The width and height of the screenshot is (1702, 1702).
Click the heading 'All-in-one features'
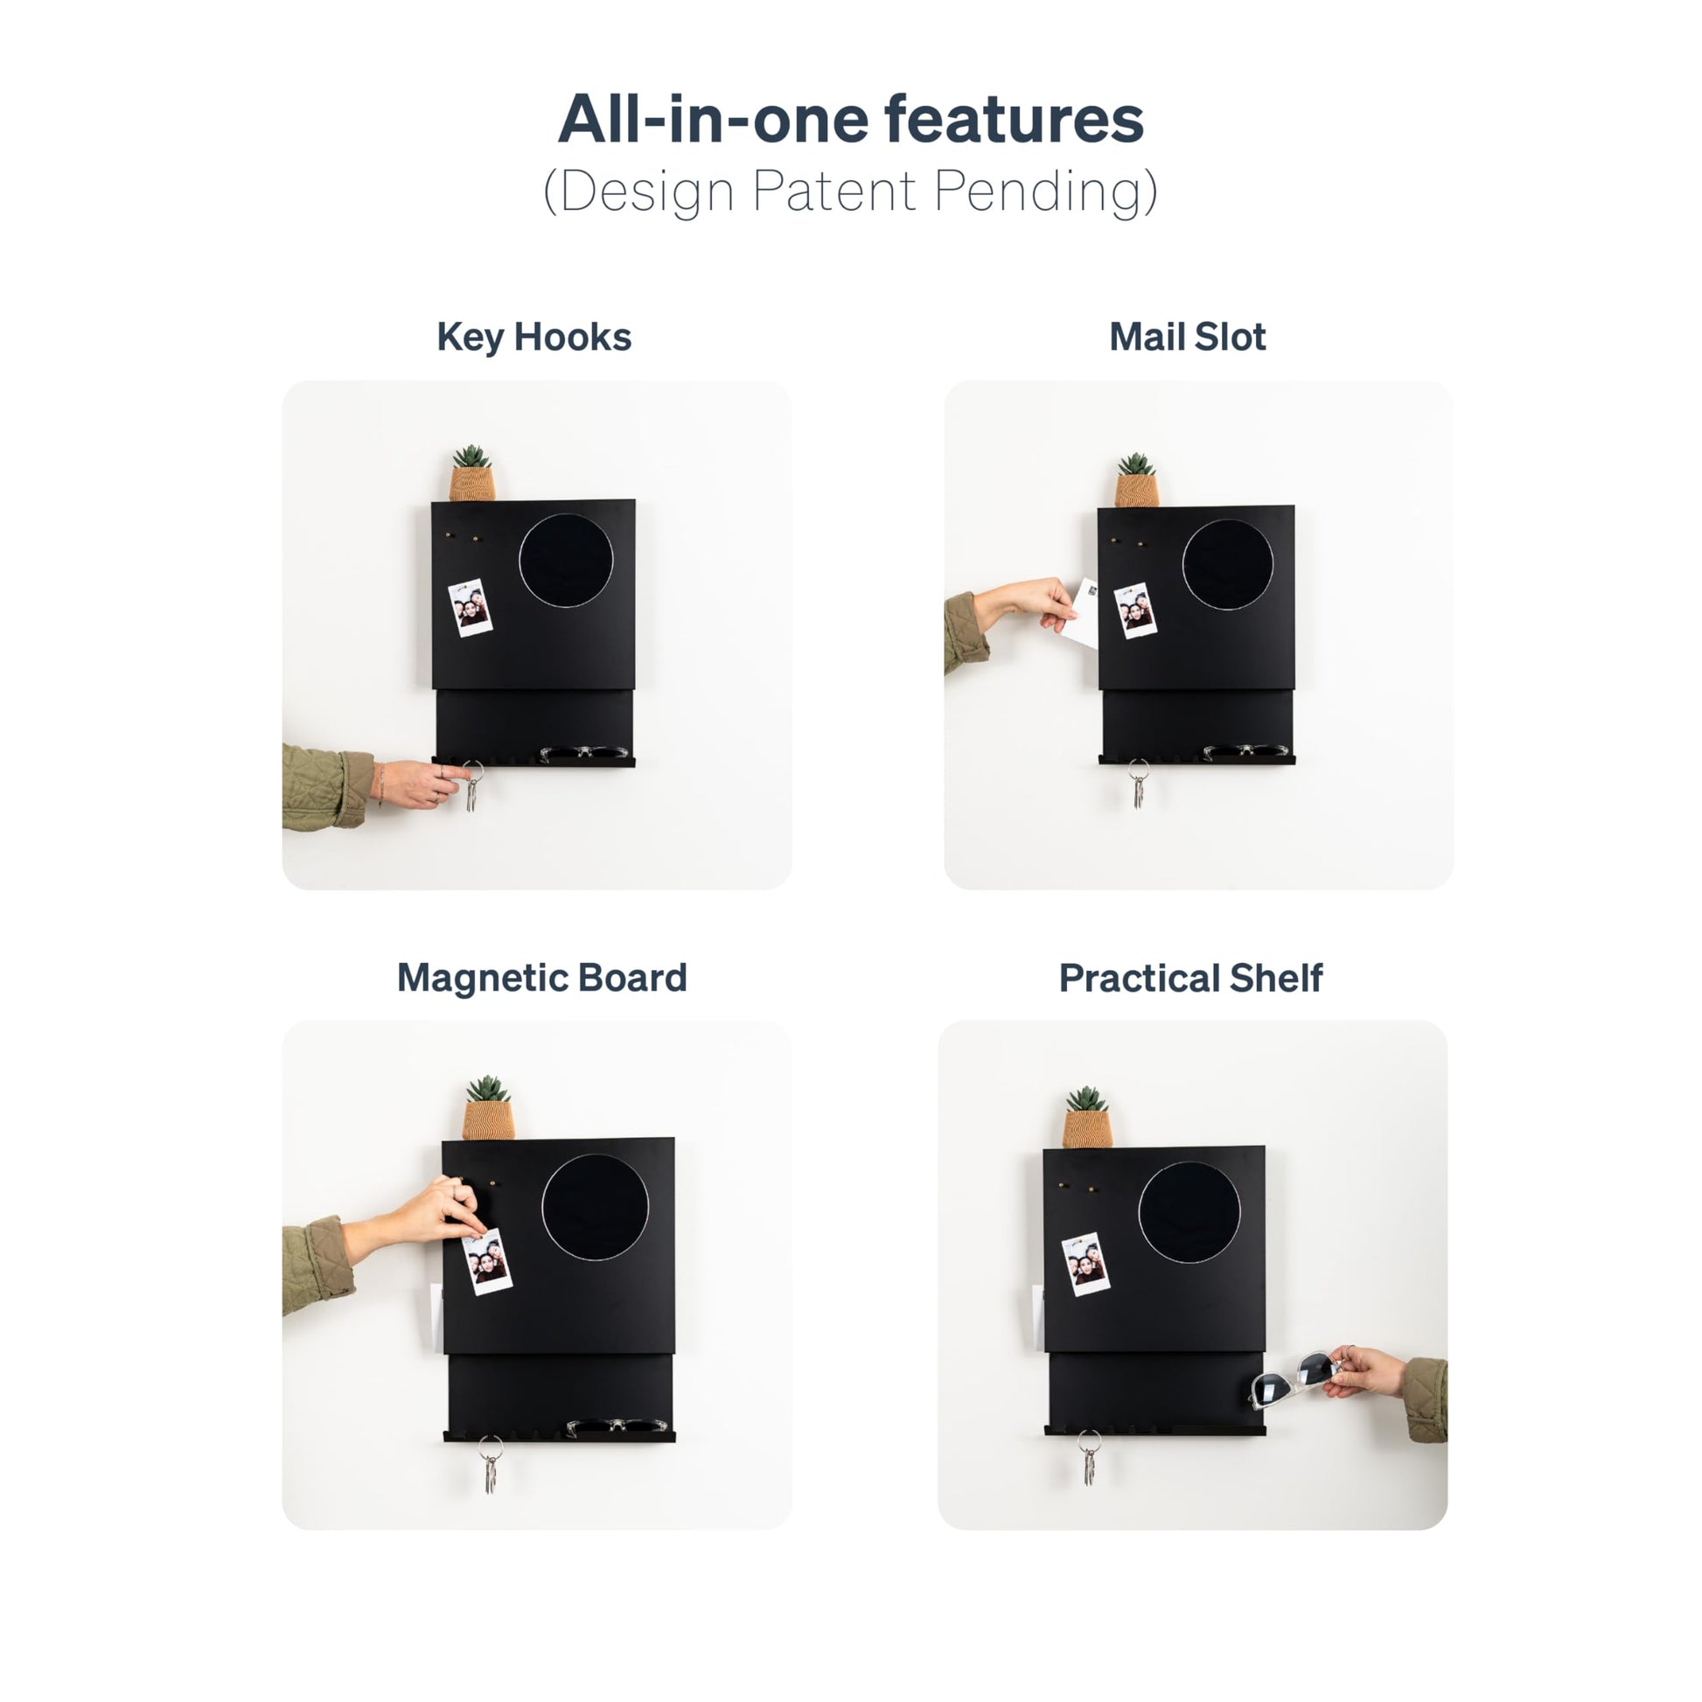point(850,119)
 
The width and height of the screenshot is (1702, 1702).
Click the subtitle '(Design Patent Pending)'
point(850,192)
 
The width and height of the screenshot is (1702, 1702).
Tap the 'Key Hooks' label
point(534,338)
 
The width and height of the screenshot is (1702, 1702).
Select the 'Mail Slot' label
point(1187,337)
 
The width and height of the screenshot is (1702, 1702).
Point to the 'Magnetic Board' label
point(541,978)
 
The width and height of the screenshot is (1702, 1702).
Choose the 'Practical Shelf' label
point(1190,978)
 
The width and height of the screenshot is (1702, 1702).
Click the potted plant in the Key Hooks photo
point(472,473)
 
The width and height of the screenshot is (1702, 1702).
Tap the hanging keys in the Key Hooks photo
point(472,786)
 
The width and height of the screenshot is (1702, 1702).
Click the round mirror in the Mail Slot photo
point(1227,565)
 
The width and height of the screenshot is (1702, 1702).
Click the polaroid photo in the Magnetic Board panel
point(487,1261)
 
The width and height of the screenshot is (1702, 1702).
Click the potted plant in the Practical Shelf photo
point(1087,1117)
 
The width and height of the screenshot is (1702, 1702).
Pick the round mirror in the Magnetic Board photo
point(595,1207)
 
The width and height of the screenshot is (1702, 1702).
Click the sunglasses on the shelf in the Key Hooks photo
point(585,753)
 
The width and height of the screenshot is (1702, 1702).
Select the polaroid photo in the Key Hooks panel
point(470,608)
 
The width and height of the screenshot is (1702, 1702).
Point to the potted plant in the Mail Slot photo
point(1136,480)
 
